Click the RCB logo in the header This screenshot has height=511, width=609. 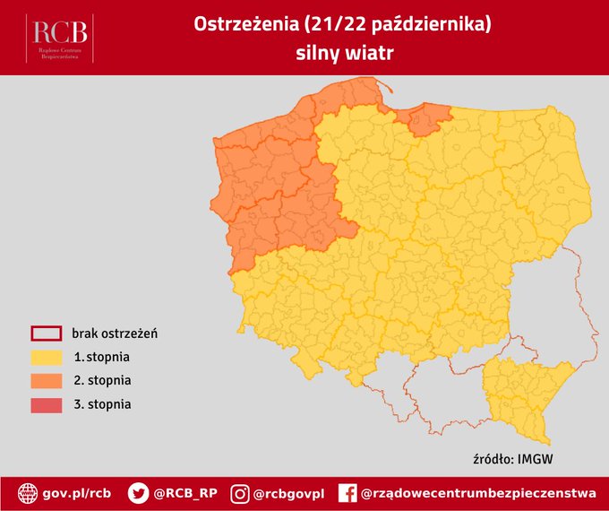click(x=61, y=37)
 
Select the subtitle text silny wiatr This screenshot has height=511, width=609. click(x=344, y=53)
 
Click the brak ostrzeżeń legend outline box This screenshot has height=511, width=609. click(x=46, y=334)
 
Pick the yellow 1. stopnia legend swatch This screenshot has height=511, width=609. click(x=46, y=358)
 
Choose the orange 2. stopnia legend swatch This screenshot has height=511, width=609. click(x=46, y=381)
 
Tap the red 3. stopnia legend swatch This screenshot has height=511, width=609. click(x=46, y=404)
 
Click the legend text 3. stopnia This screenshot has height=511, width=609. click(x=103, y=404)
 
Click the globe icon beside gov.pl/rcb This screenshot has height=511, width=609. click(x=29, y=493)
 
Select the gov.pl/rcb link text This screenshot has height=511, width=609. click(x=77, y=493)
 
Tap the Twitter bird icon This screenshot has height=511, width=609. click(x=138, y=493)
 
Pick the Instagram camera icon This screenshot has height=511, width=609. click(x=240, y=493)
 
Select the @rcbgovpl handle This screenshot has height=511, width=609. click(x=289, y=493)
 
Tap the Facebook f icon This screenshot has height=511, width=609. click(x=347, y=493)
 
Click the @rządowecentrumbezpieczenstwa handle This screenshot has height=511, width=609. click(x=478, y=493)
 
